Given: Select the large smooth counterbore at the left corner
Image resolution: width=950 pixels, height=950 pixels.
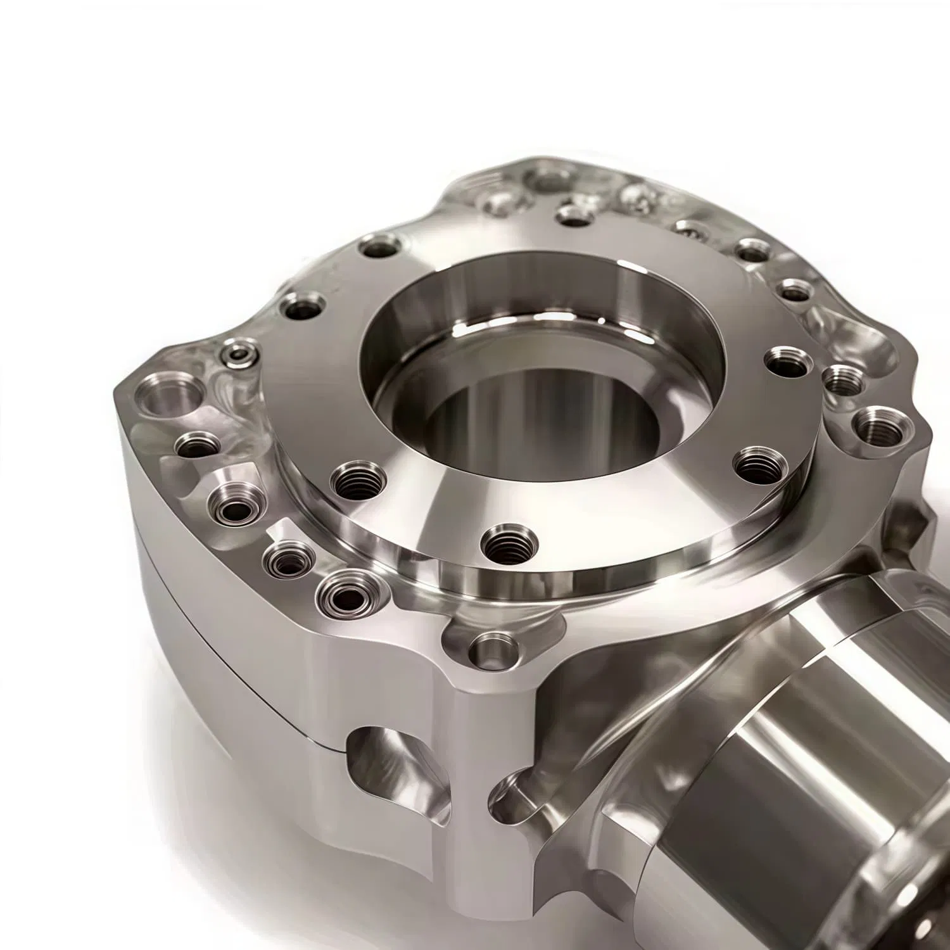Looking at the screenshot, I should tap(167, 400).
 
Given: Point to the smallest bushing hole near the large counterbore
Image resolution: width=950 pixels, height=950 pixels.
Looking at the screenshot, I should tap(240, 351).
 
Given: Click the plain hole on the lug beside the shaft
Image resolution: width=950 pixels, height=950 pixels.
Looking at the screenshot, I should tap(493, 649).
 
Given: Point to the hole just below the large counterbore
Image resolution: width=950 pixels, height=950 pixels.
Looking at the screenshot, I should tap(196, 443).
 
